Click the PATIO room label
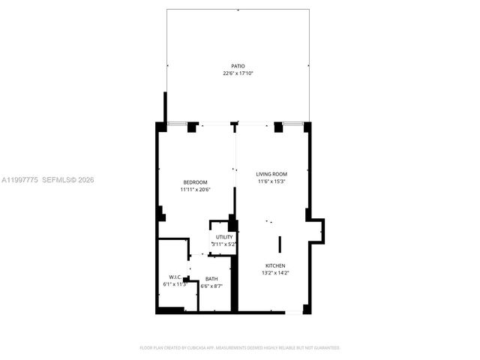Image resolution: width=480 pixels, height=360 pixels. coord(238,66)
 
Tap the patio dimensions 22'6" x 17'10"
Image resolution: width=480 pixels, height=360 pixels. coord(238,73)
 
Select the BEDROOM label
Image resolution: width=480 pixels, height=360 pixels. coord(195,182)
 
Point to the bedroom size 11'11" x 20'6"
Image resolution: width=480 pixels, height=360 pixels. coord(195,190)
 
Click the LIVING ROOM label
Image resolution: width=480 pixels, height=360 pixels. coord(271,174)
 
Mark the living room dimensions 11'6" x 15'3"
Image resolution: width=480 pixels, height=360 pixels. coord(271,181)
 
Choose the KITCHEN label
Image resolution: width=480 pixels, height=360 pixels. coord(274,265)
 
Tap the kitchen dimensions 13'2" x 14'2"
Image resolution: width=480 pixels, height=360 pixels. coord(274,273)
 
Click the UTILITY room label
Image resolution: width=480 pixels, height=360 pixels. coord(224,237)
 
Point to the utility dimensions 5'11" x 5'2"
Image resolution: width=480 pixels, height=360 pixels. coord(224,244)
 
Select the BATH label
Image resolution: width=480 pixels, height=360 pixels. coord(211,279)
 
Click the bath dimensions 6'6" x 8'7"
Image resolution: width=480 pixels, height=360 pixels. coord(211,286)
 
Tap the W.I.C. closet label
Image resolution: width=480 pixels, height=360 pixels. coord(174,277)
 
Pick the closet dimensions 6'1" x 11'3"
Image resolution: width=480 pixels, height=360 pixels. coord(174,284)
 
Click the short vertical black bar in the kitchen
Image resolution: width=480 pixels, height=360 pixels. coord(280,244)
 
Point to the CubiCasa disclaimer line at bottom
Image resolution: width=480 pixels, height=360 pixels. coord(240,348)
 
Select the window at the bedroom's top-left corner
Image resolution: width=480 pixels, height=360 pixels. coord(177,123)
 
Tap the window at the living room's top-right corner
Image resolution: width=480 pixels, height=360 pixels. coord(293,123)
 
